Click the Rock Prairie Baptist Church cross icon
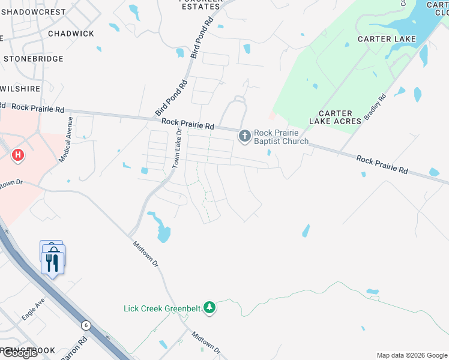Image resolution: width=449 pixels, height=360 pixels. coord(244,136)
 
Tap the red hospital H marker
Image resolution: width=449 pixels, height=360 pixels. coord(19,156)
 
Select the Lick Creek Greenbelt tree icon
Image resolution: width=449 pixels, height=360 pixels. coord(209,308)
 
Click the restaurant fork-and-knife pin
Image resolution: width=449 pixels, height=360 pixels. coord(53,262)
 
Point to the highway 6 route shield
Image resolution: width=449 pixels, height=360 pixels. coord(86,325)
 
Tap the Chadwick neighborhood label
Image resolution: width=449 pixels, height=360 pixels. coord(71,34)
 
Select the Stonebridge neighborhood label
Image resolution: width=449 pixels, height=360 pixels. coord(34,59)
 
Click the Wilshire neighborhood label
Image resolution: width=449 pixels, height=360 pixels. coord(21,89)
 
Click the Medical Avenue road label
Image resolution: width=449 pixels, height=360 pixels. coord(65,139)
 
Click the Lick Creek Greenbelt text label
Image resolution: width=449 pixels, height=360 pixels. coord(162,308)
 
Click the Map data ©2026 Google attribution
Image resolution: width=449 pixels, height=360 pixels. coord(412,355)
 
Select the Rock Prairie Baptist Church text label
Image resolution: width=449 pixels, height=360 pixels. coord(281,137)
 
